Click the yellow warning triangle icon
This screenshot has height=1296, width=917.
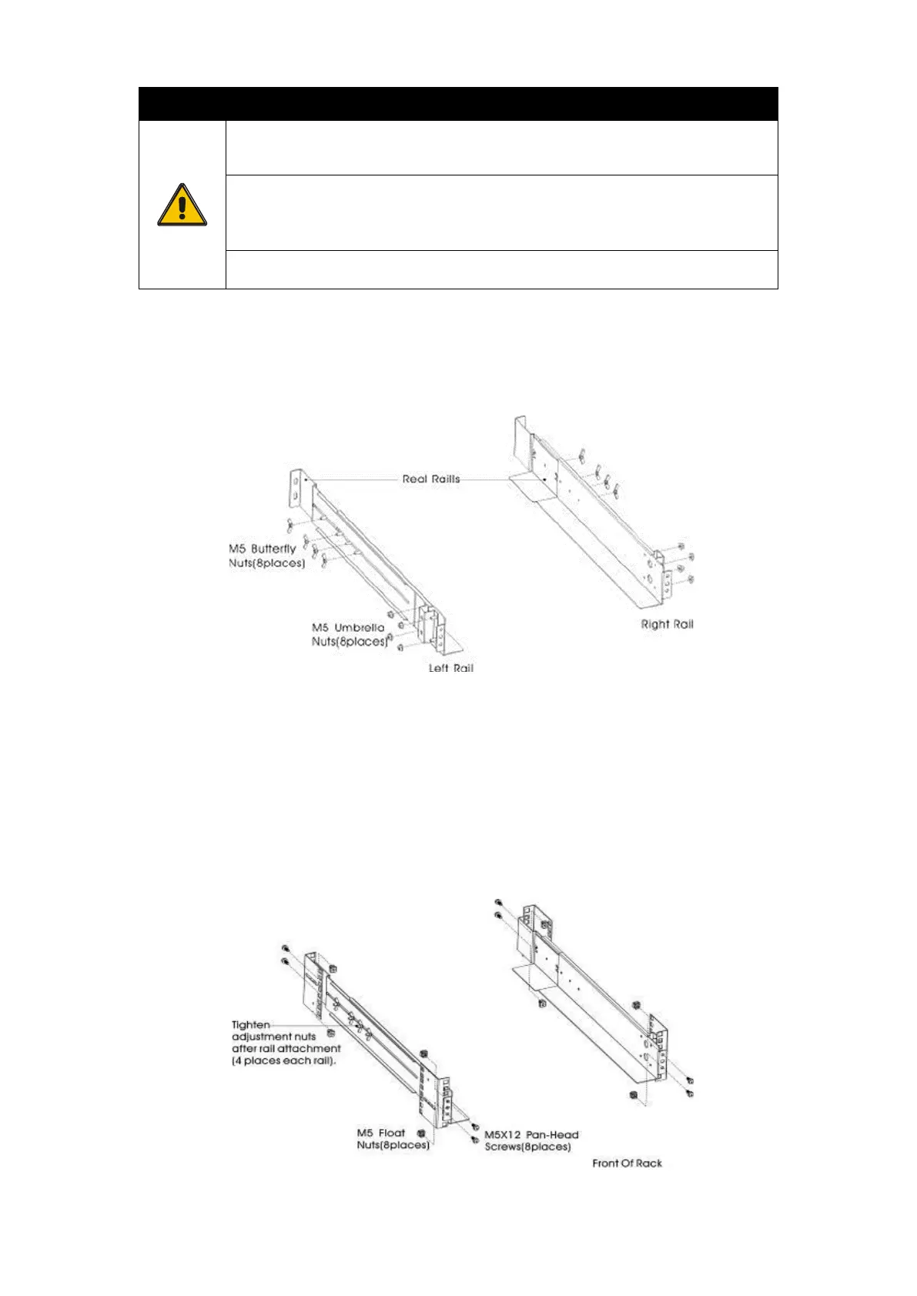182,205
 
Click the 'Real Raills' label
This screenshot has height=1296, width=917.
430,479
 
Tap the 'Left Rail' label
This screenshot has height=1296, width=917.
451,668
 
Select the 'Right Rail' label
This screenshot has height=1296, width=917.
667,624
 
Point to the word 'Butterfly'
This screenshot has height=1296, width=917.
273,549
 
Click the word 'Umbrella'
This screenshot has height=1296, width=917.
359,627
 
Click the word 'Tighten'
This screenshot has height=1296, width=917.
251,1024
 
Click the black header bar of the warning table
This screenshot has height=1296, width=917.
458,103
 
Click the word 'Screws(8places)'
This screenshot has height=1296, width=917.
527,1147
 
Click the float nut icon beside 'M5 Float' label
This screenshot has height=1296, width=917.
421,1133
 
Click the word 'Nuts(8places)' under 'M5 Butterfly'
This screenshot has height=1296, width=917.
267,563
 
